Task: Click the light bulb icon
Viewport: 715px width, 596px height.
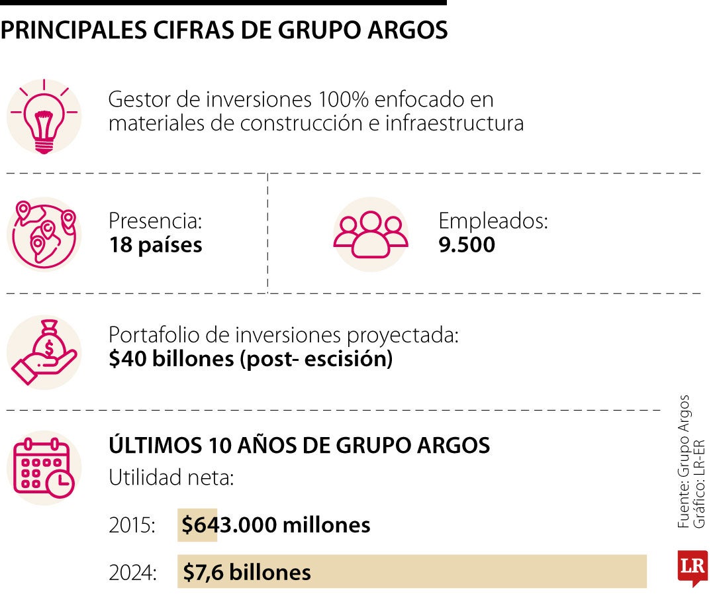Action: (44, 117)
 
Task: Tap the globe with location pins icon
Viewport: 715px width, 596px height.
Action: (44, 234)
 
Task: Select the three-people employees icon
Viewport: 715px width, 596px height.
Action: (371, 234)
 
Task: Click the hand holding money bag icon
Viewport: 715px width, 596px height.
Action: (44, 352)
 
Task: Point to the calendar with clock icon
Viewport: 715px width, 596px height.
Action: (44, 468)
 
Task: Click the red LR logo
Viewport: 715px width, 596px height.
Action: (692, 568)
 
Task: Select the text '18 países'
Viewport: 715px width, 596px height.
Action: (156, 246)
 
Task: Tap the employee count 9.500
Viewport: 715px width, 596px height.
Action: (467, 246)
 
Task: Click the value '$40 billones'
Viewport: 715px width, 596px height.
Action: (171, 360)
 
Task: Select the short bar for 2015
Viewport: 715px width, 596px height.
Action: (197, 525)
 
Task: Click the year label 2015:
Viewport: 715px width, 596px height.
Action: (132, 526)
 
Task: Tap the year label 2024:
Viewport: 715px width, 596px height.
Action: (132, 572)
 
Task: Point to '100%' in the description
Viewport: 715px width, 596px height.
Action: (343, 100)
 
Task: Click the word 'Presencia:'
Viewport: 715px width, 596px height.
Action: (155, 221)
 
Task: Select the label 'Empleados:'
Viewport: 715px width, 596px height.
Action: (493, 221)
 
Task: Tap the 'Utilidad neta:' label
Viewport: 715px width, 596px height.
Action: (171, 477)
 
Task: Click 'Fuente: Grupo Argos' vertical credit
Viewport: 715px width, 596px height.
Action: (684, 462)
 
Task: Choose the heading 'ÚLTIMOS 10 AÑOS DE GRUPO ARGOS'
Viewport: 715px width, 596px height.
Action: (299, 446)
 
